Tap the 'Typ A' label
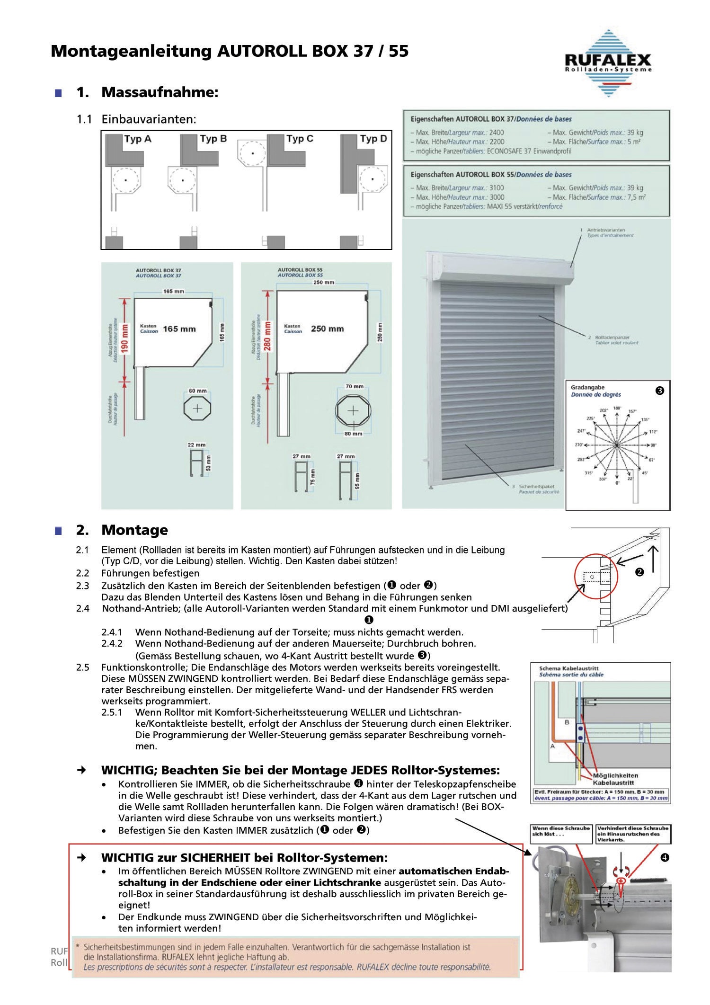point(138,139)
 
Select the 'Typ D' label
point(373,139)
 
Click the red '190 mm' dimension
point(125,338)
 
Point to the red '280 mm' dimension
point(267,336)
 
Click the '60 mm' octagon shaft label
point(198,391)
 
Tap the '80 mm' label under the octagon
point(354,434)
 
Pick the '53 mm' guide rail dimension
point(209,463)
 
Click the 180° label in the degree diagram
point(617,408)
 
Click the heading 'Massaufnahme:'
point(160,92)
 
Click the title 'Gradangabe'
point(587,387)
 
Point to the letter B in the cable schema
point(567,722)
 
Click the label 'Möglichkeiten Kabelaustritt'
point(615,779)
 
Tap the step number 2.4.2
point(112,644)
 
